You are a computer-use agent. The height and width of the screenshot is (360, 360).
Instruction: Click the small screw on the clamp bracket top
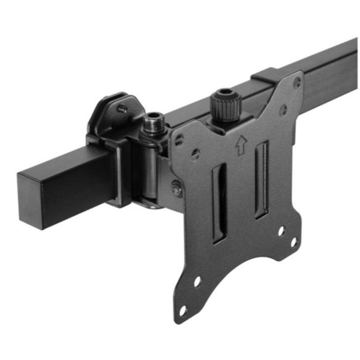(x=122, y=109)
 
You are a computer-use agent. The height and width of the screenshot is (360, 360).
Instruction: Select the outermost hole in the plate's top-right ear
(x=297, y=81)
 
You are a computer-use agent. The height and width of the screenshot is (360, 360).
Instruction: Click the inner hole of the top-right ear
(x=283, y=110)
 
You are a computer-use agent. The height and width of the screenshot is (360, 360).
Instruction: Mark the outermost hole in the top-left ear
(x=179, y=140)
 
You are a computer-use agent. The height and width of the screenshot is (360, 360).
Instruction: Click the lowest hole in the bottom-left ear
(x=183, y=311)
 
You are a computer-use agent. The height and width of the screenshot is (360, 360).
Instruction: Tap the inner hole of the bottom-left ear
(x=197, y=282)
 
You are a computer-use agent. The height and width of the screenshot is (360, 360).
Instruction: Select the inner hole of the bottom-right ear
(x=281, y=231)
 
